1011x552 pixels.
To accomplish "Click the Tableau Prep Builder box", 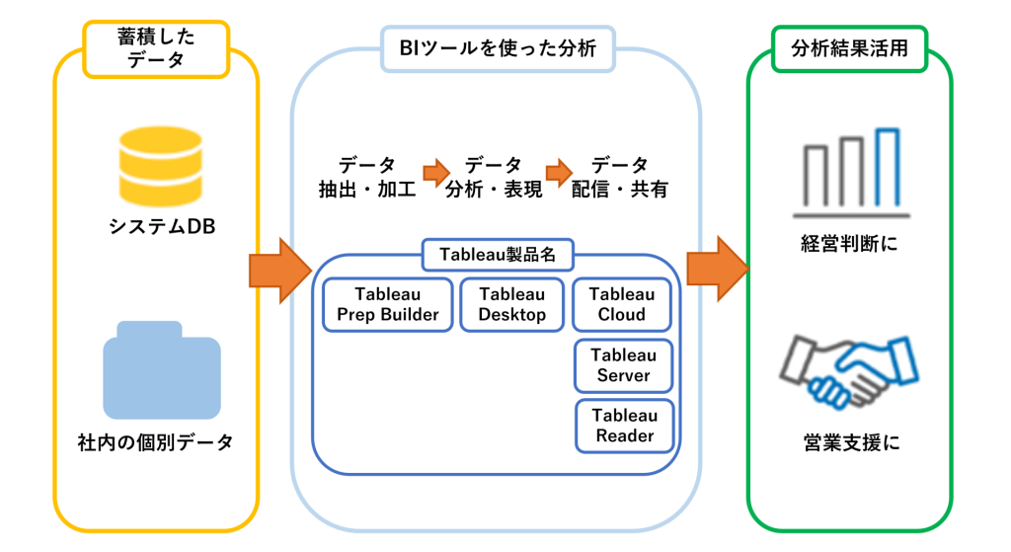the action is point(387,304).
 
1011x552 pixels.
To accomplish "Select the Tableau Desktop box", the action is point(512,304).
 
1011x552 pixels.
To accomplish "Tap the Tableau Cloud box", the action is point(622,304).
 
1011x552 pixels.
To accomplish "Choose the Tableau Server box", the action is point(624,365).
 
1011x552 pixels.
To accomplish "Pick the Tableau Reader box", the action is point(625,426).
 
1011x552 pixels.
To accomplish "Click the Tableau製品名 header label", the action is point(498,255).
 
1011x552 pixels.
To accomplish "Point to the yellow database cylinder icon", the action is point(161,166).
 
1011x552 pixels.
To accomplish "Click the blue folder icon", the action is point(162,370).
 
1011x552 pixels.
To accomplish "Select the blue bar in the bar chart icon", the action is point(888,168).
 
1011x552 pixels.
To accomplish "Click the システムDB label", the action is point(162,227).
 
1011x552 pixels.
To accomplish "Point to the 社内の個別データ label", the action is point(155,442).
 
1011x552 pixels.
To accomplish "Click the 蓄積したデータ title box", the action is point(156,49).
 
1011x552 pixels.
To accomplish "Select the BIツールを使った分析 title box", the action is point(498,48).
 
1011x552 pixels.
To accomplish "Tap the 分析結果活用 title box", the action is point(849,48).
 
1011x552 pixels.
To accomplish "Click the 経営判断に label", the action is point(849,244).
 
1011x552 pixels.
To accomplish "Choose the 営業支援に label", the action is point(851,443).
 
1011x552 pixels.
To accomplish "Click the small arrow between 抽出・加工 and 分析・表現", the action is point(436,173).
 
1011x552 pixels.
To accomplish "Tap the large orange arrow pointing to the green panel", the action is point(718,269).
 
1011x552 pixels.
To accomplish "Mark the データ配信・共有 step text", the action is point(620,177).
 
